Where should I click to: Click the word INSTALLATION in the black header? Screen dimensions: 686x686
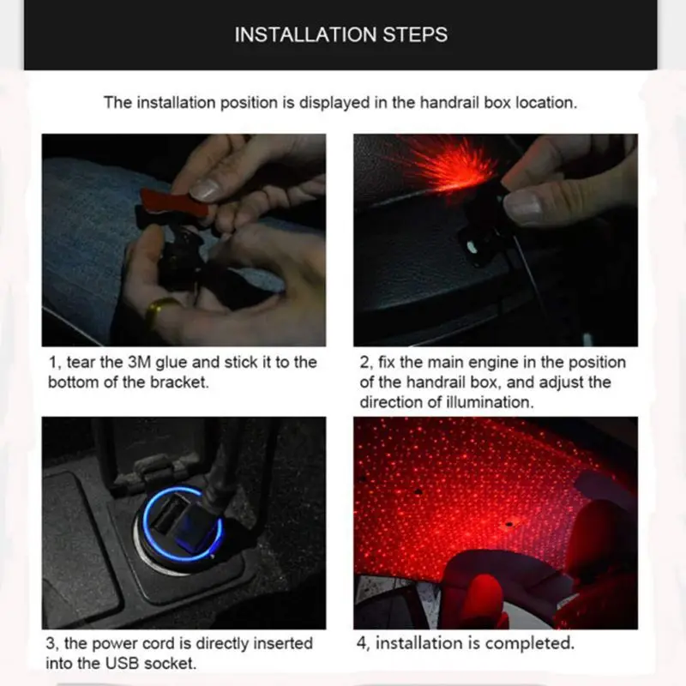(305, 34)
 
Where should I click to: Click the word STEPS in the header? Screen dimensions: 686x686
(415, 34)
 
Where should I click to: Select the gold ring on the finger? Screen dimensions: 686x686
(160, 310)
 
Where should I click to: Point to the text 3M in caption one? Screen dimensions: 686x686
(139, 362)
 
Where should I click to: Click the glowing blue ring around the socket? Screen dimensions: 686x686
(183, 524)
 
